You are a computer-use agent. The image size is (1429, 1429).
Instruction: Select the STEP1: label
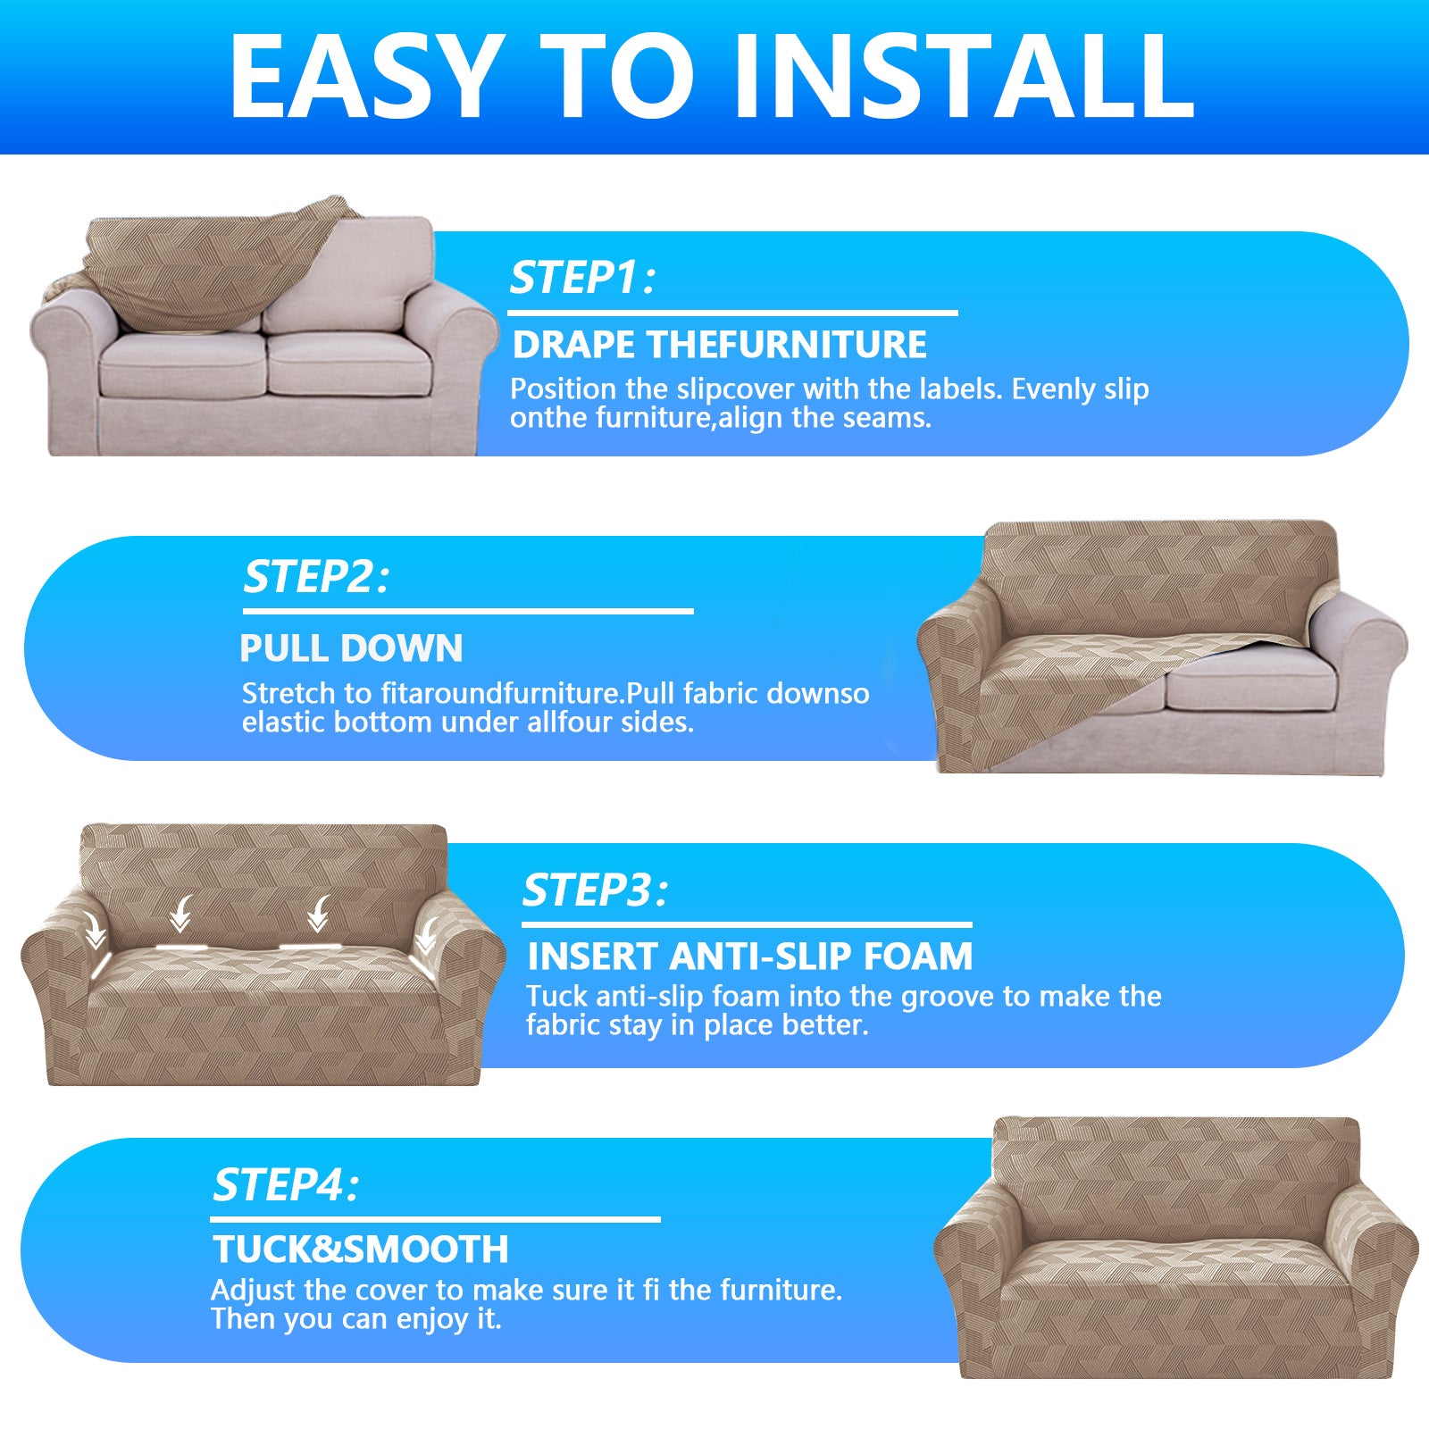tap(581, 278)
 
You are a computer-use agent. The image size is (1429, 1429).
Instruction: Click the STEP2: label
tap(316, 577)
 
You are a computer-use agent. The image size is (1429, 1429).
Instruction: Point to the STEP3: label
tap(594, 890)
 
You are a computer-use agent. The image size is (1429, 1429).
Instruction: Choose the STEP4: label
tap(285, 1186)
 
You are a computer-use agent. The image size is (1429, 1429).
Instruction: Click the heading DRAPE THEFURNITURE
tap(719, 345)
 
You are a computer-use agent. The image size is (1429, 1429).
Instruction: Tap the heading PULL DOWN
tap(351, 648)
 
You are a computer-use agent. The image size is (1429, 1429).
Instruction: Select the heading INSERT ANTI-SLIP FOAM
tap(749, 957)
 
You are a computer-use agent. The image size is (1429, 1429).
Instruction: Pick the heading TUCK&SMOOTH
tap(360, 1249)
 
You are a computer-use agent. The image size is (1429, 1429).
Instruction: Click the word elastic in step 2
tap(283, 722)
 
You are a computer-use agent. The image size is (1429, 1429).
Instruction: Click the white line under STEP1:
tap(732, 313)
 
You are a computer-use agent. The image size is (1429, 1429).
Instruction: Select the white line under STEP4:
tap(435, 1219)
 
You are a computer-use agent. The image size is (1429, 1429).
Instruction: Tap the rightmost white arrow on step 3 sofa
tap(427, 934)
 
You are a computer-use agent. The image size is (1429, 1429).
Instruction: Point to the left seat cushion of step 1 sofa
tap(183, 364)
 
